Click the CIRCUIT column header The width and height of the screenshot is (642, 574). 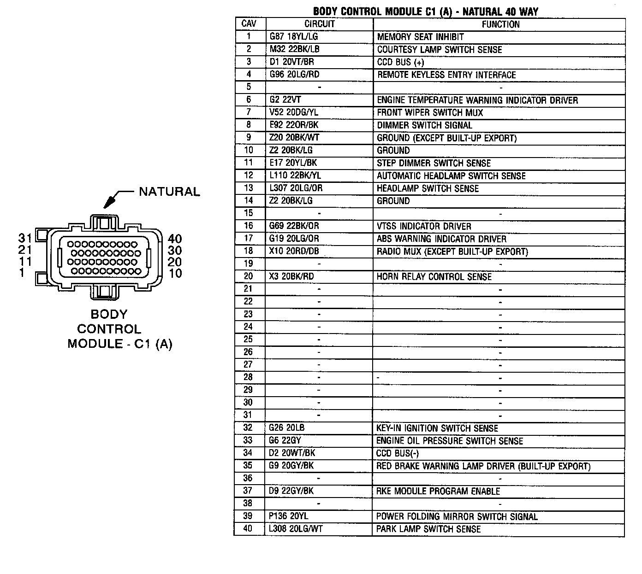tap(319, 24)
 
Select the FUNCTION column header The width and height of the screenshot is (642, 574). tap(500, 24)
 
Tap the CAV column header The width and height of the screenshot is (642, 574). tap(249, 23)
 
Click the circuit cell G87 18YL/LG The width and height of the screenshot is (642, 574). tap(294, 36)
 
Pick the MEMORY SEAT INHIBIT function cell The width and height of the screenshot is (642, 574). tap(421, 36)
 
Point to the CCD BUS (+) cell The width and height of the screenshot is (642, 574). tap(400, 62)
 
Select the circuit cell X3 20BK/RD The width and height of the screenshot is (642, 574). tap(291, 276)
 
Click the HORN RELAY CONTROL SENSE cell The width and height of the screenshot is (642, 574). tap(434, 276)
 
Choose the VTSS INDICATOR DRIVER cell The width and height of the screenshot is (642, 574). tap(424, 226)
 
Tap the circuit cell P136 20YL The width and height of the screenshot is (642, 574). tap(288, 516)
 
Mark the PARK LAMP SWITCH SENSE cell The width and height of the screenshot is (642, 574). tap(428, 529)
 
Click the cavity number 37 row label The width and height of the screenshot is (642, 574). tap(248, 491)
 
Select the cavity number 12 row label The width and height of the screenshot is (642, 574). tap(249, 176)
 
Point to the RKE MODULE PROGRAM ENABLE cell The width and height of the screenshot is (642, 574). tap(438, 491)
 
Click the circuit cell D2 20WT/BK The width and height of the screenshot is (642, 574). tap(291, 453)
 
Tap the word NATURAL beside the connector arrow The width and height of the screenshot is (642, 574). tap(170, 192)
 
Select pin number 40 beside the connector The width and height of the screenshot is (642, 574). tap(175, 239)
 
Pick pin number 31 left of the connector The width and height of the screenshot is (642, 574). tap(25, 238)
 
